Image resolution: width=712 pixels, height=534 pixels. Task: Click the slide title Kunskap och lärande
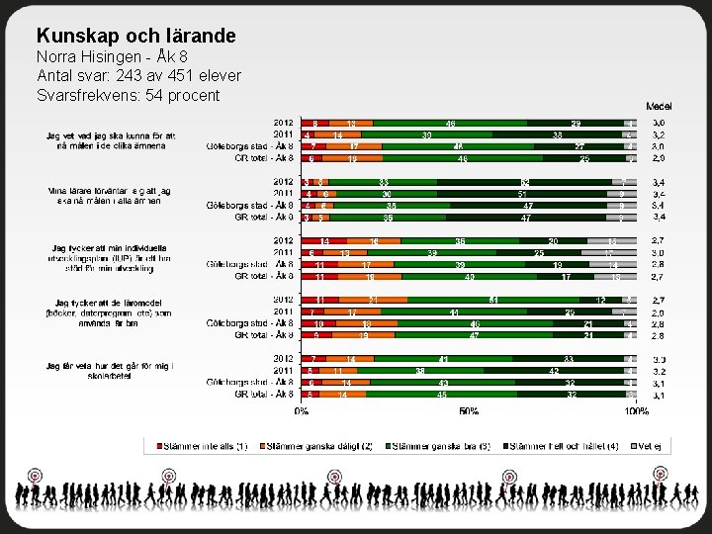tap(135, 37)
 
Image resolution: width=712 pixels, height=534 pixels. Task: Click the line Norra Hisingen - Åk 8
tap(112, 56)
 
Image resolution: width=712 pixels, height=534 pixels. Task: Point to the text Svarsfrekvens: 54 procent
tap(128, 95)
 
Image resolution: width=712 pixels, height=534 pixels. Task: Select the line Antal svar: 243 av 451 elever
tap(138, 75)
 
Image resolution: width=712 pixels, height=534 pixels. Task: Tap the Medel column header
tap(658, 105)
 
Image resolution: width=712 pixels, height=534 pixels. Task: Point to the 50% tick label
tap(469, 410)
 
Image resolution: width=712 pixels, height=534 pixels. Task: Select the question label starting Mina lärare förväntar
tap(110, 196)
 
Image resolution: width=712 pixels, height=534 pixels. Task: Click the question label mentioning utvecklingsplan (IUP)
tap(110, 253)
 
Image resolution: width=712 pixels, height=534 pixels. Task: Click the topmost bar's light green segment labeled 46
tap(450, 124)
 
